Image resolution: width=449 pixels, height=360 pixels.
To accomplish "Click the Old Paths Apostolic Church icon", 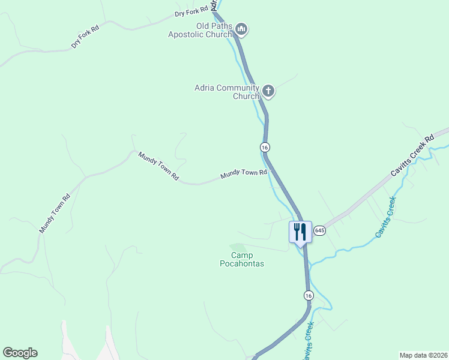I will [241, 28].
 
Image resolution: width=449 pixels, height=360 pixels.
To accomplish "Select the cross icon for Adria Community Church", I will [268, 91].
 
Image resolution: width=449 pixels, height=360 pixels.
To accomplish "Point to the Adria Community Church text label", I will [226, 92].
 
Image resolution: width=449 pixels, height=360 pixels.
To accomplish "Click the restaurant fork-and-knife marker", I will [300, 232].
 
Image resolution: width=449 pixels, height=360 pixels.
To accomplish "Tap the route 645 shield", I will [319, 230].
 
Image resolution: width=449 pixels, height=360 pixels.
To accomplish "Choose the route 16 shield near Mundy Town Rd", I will [265, 147].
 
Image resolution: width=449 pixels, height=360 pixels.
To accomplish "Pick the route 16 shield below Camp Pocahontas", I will [308, 295].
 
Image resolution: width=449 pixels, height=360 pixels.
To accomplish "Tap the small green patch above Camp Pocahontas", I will [238, 247].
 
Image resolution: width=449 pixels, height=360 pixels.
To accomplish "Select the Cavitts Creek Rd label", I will [412, 155].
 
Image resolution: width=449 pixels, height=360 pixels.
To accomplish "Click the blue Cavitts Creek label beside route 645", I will [385, 217].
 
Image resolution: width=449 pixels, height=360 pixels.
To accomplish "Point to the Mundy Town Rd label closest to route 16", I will [243, 174].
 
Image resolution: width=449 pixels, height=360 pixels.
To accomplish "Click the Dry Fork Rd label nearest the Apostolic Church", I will [191, 11].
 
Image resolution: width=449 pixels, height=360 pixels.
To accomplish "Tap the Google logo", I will [20, 352].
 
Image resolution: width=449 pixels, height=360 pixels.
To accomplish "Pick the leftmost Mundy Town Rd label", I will [55, 213].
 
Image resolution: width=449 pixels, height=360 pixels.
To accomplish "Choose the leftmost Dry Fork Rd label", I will [84, 37].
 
